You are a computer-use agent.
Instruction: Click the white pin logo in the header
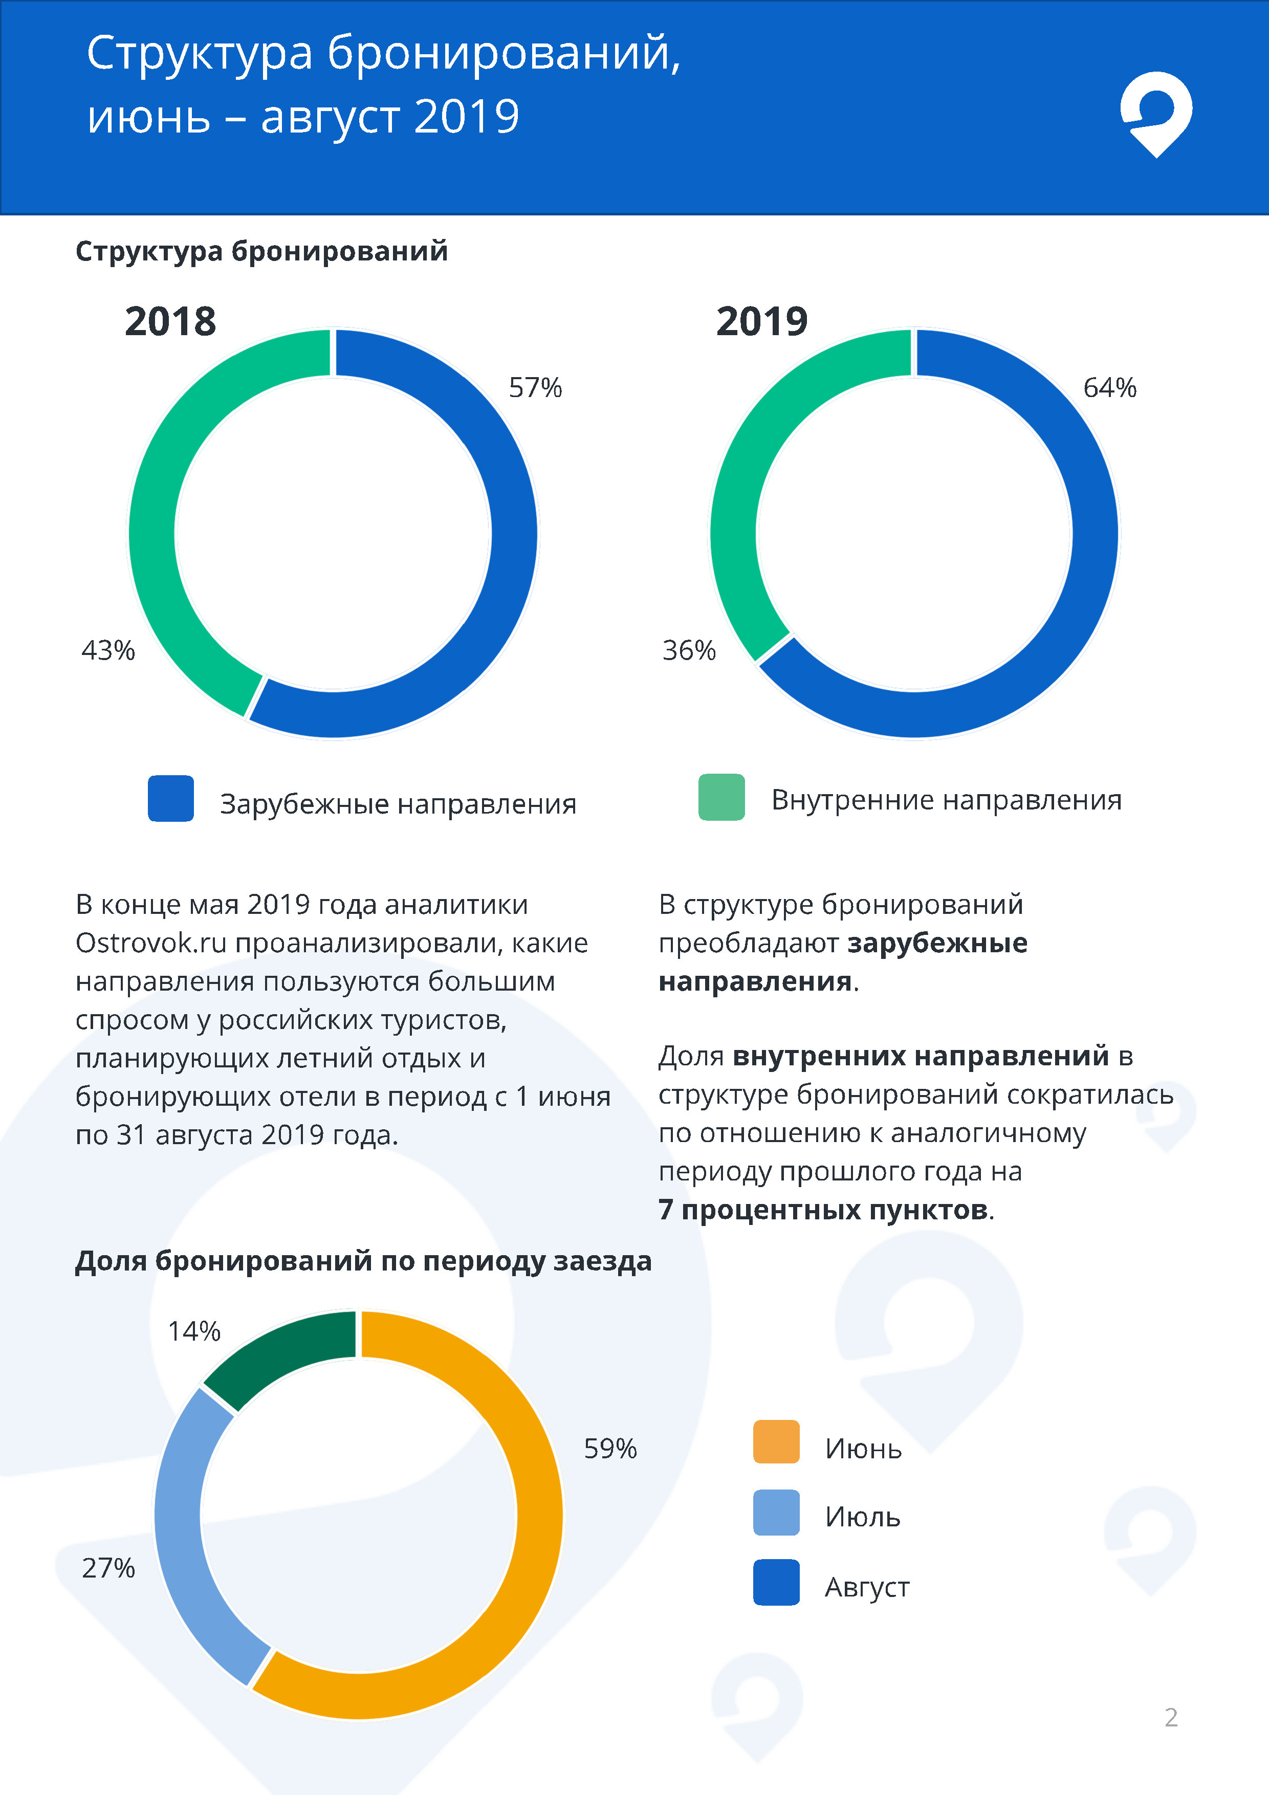[1155, 114]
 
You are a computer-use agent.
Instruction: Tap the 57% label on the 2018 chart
[536, 388]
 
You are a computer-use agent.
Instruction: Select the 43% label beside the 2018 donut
[108, 650]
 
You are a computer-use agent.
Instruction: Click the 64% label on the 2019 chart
[1109, 388]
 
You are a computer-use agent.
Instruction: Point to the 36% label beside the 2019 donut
[689, 650]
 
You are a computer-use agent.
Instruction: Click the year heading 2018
[170, 321]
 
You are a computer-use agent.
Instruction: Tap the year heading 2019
[761, 321]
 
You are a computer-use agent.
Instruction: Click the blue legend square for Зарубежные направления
[170, 798]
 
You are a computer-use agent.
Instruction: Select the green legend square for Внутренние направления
[721, 797]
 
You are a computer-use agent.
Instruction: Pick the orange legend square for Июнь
[776, 1441]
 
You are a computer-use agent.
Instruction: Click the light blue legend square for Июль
[776, 1513]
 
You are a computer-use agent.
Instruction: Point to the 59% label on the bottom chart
[610, 1449]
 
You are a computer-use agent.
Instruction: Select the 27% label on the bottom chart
[108, 1568]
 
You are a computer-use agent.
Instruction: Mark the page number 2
[1170, 1718]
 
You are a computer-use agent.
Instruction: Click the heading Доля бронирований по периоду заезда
[363, 1261]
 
